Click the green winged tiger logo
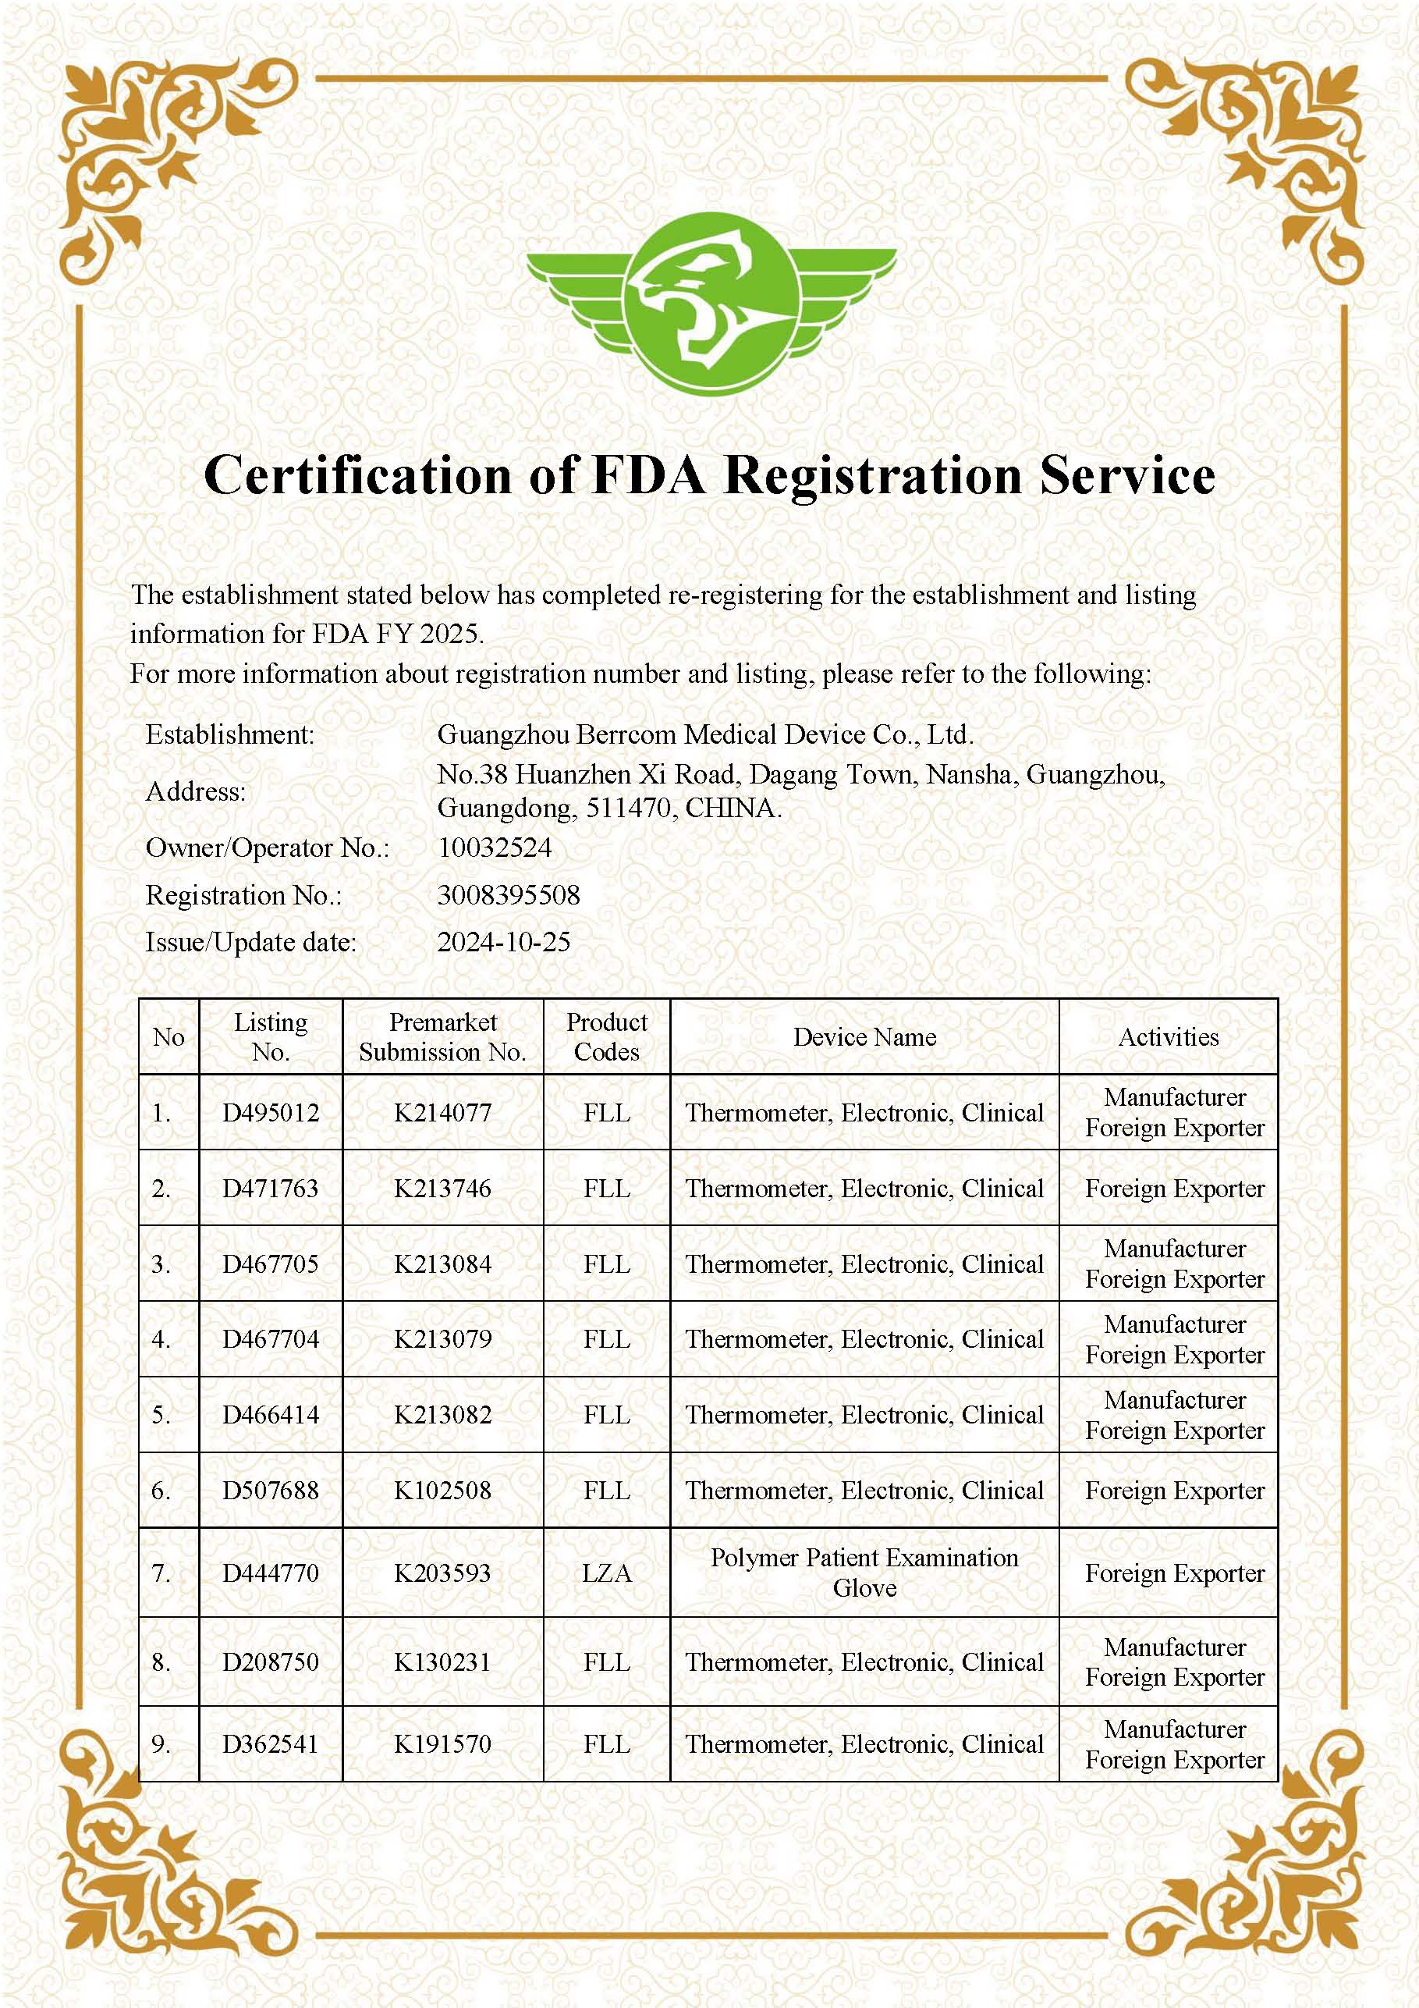(x=710, y=303)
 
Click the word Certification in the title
(x=357, y=476)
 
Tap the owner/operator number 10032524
(x=495, y=848)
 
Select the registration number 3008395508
(x=509, y=894)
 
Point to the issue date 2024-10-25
(x=504, y=942)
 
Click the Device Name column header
(x=864, y=1037)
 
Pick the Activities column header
(x=1168, y=1037)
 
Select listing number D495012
(x=270, y=1114)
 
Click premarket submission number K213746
(x=442, y=1189)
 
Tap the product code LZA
(x=606, y=1573)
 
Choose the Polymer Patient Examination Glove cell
(x=864, y=1573)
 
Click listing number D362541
(x=270, y=1744)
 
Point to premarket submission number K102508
(x=442, y=1491)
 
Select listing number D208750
(x=270, y=1661)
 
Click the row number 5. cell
(x=161, y=1415)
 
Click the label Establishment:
(x=230, y=734)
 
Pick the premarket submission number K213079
(x=442, y=1339)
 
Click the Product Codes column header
(x=606, y=1037)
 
